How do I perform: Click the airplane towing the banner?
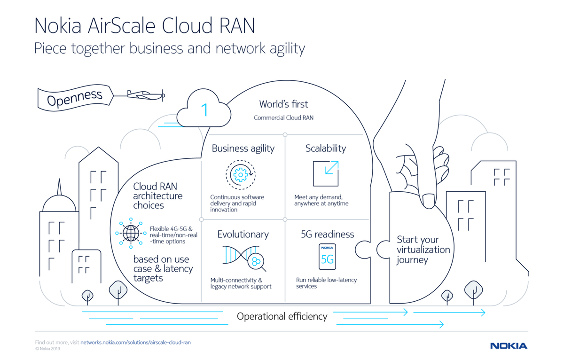[x=146, y=94]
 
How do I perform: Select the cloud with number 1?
[x=204, y=110]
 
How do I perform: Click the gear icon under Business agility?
[x=240, y=175]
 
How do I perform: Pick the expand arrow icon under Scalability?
[x=326, y=173]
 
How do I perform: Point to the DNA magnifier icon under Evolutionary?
[x=244, y=258]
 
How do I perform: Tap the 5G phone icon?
[x=327, y=257]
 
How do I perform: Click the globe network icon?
[x=131, y=233]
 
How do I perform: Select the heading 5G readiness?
[x=327, y=234]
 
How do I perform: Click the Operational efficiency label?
[x=282, y=316]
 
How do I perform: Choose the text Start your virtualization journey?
[x=423, y=250]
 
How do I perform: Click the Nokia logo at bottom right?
[x=509, y=346]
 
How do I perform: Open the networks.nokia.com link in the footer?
[x=135, y=342]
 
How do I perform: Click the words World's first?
[x=283, y=104]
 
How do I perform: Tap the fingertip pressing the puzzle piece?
[x=429, y=201]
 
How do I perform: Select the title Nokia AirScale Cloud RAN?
[x=145, y=26]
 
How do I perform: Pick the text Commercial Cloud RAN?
[x=283, y=117]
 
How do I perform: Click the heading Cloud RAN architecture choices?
[x=157, y=196]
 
